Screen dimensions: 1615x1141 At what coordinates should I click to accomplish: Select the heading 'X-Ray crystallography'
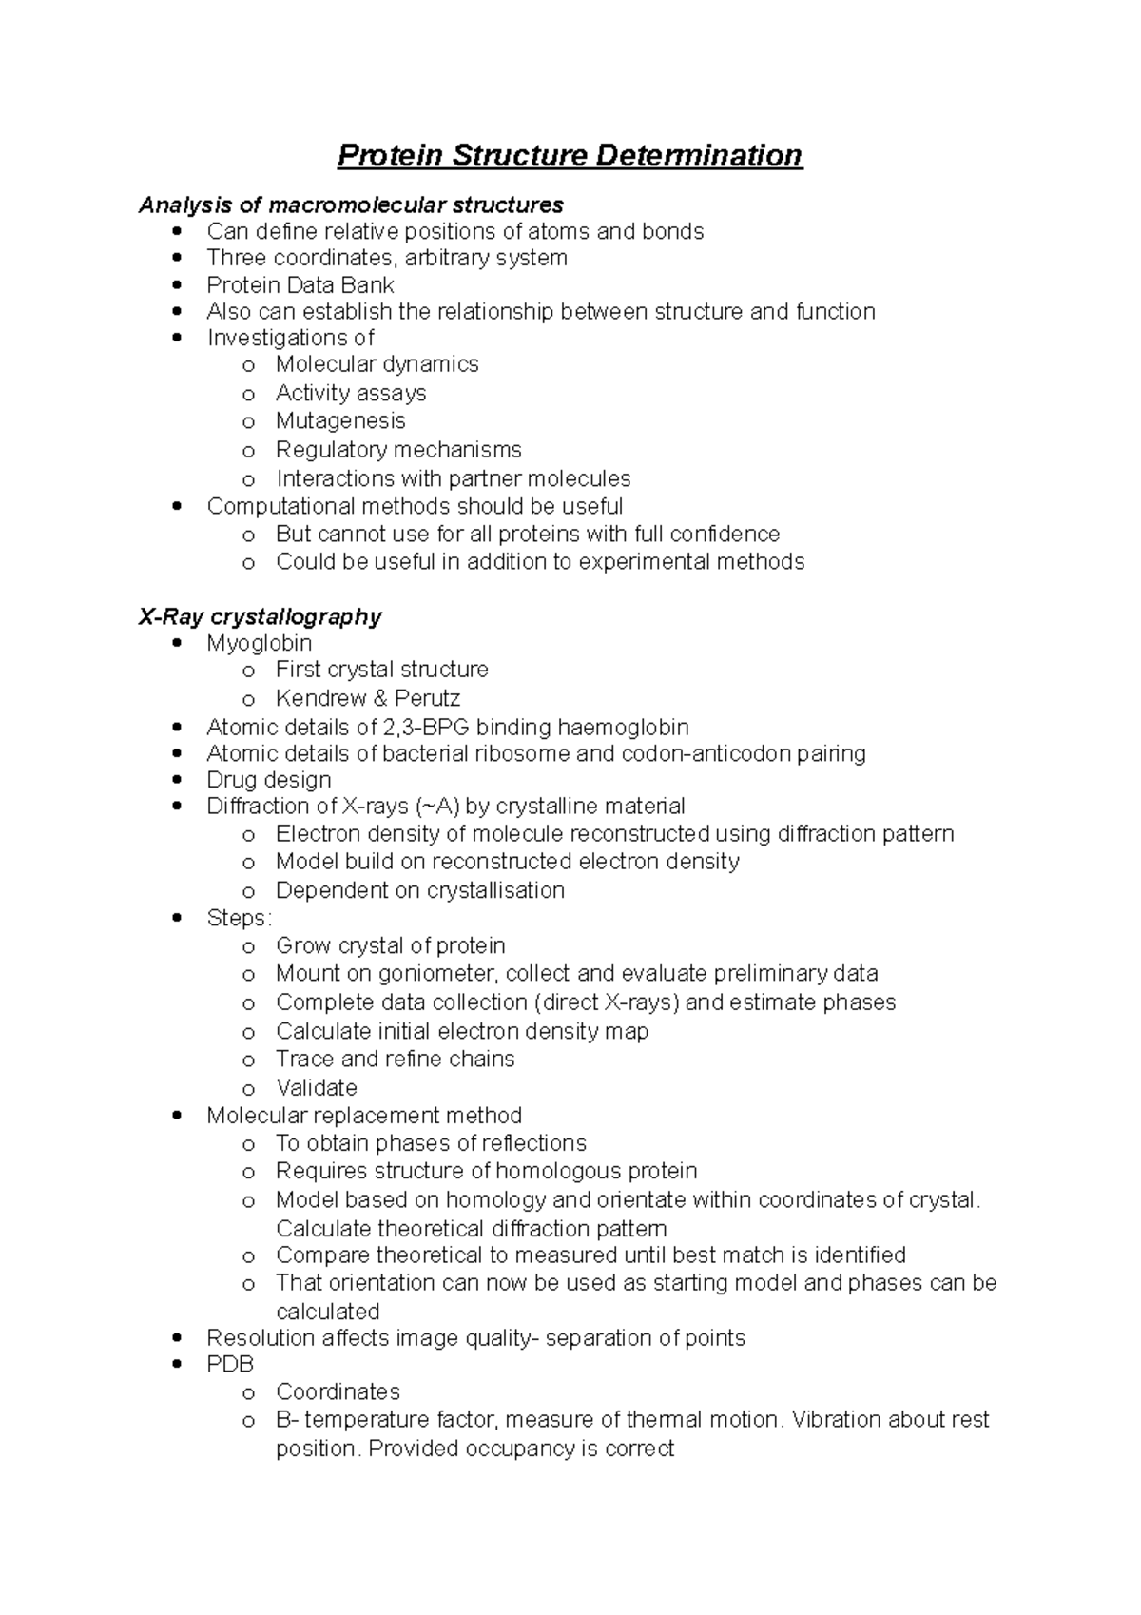point(260,616)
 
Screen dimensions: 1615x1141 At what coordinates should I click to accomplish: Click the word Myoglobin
point(259,643)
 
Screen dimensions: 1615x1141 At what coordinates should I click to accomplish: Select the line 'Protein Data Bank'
point(300,285)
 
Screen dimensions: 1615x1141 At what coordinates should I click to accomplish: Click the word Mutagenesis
point(339,420)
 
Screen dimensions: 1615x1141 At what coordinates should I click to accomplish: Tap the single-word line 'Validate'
point(316,1087)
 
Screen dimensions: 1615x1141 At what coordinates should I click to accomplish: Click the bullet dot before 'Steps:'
point(178,919)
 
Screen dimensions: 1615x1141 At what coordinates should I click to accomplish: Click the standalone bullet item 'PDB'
point(230,1364)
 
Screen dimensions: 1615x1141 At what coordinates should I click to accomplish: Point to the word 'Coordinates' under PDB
point(338,1391)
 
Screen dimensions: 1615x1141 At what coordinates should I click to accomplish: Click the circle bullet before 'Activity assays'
point(248,394)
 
